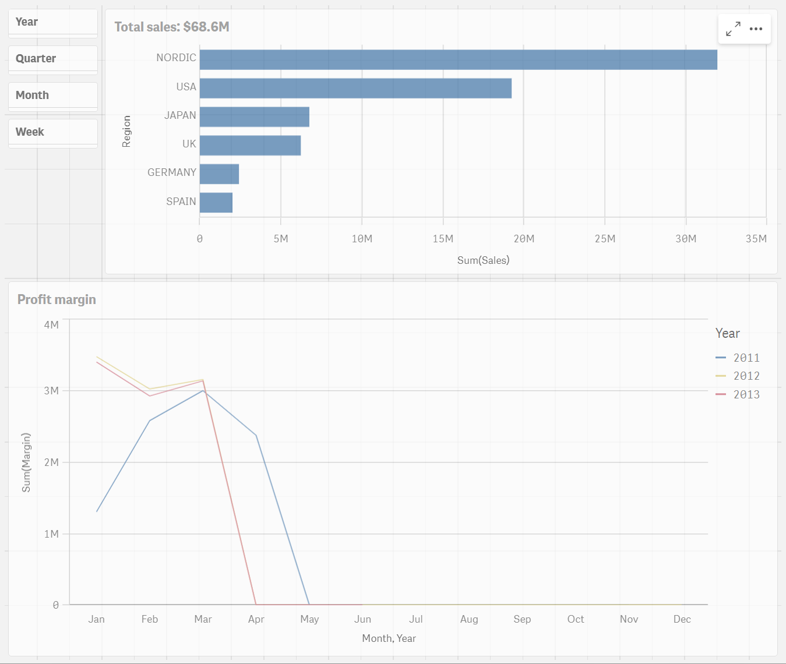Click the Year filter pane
click(52, 23)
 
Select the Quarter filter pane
click(52, 59)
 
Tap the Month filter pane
click(52, 96)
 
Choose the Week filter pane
click(52, 133)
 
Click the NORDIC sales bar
click(458, 60)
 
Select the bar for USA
click(355, 89)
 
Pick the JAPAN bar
click(254, 117)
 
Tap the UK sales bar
click(250, 146)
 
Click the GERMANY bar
click(219, 174)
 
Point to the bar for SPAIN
click(216, 203)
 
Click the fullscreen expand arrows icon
click(733, 29)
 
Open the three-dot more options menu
click(756, 29)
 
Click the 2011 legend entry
click(738, 358)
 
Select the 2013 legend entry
click(738, 395)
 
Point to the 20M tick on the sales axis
click(524, 239)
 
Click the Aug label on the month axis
click(469, 619)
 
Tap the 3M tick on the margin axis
click(51, 390)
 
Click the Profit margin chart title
click(57, 299)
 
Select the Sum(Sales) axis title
click(483, 260)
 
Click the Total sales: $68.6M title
click(172, 27)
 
